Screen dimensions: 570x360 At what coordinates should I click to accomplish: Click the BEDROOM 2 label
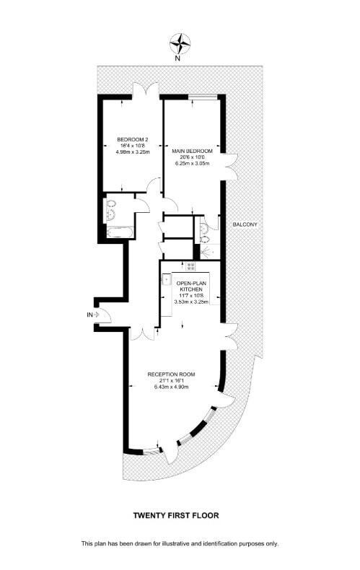pyautogui.click(x=133, y=139)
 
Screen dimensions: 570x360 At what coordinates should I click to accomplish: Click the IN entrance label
pyautogui.click(x=90, y=315)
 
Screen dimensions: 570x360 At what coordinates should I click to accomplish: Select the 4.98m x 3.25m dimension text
pyautogui.click(x=133, y=152)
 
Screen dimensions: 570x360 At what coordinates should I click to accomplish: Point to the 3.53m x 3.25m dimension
pyautogui.click(x=191, y=302)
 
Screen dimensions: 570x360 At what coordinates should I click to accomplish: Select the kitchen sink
pyautogui.click(x=166, y=276)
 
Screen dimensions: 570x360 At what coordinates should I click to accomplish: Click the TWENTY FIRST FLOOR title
pyautogui.click(x=175, y=515)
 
